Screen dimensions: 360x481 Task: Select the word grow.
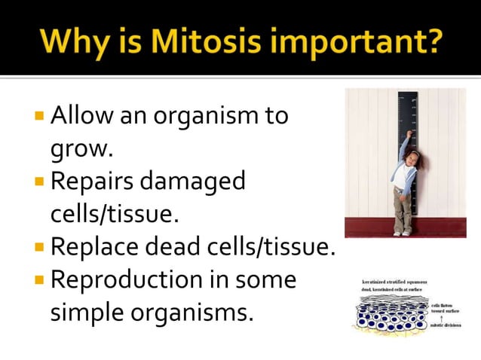tap(81, 151)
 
